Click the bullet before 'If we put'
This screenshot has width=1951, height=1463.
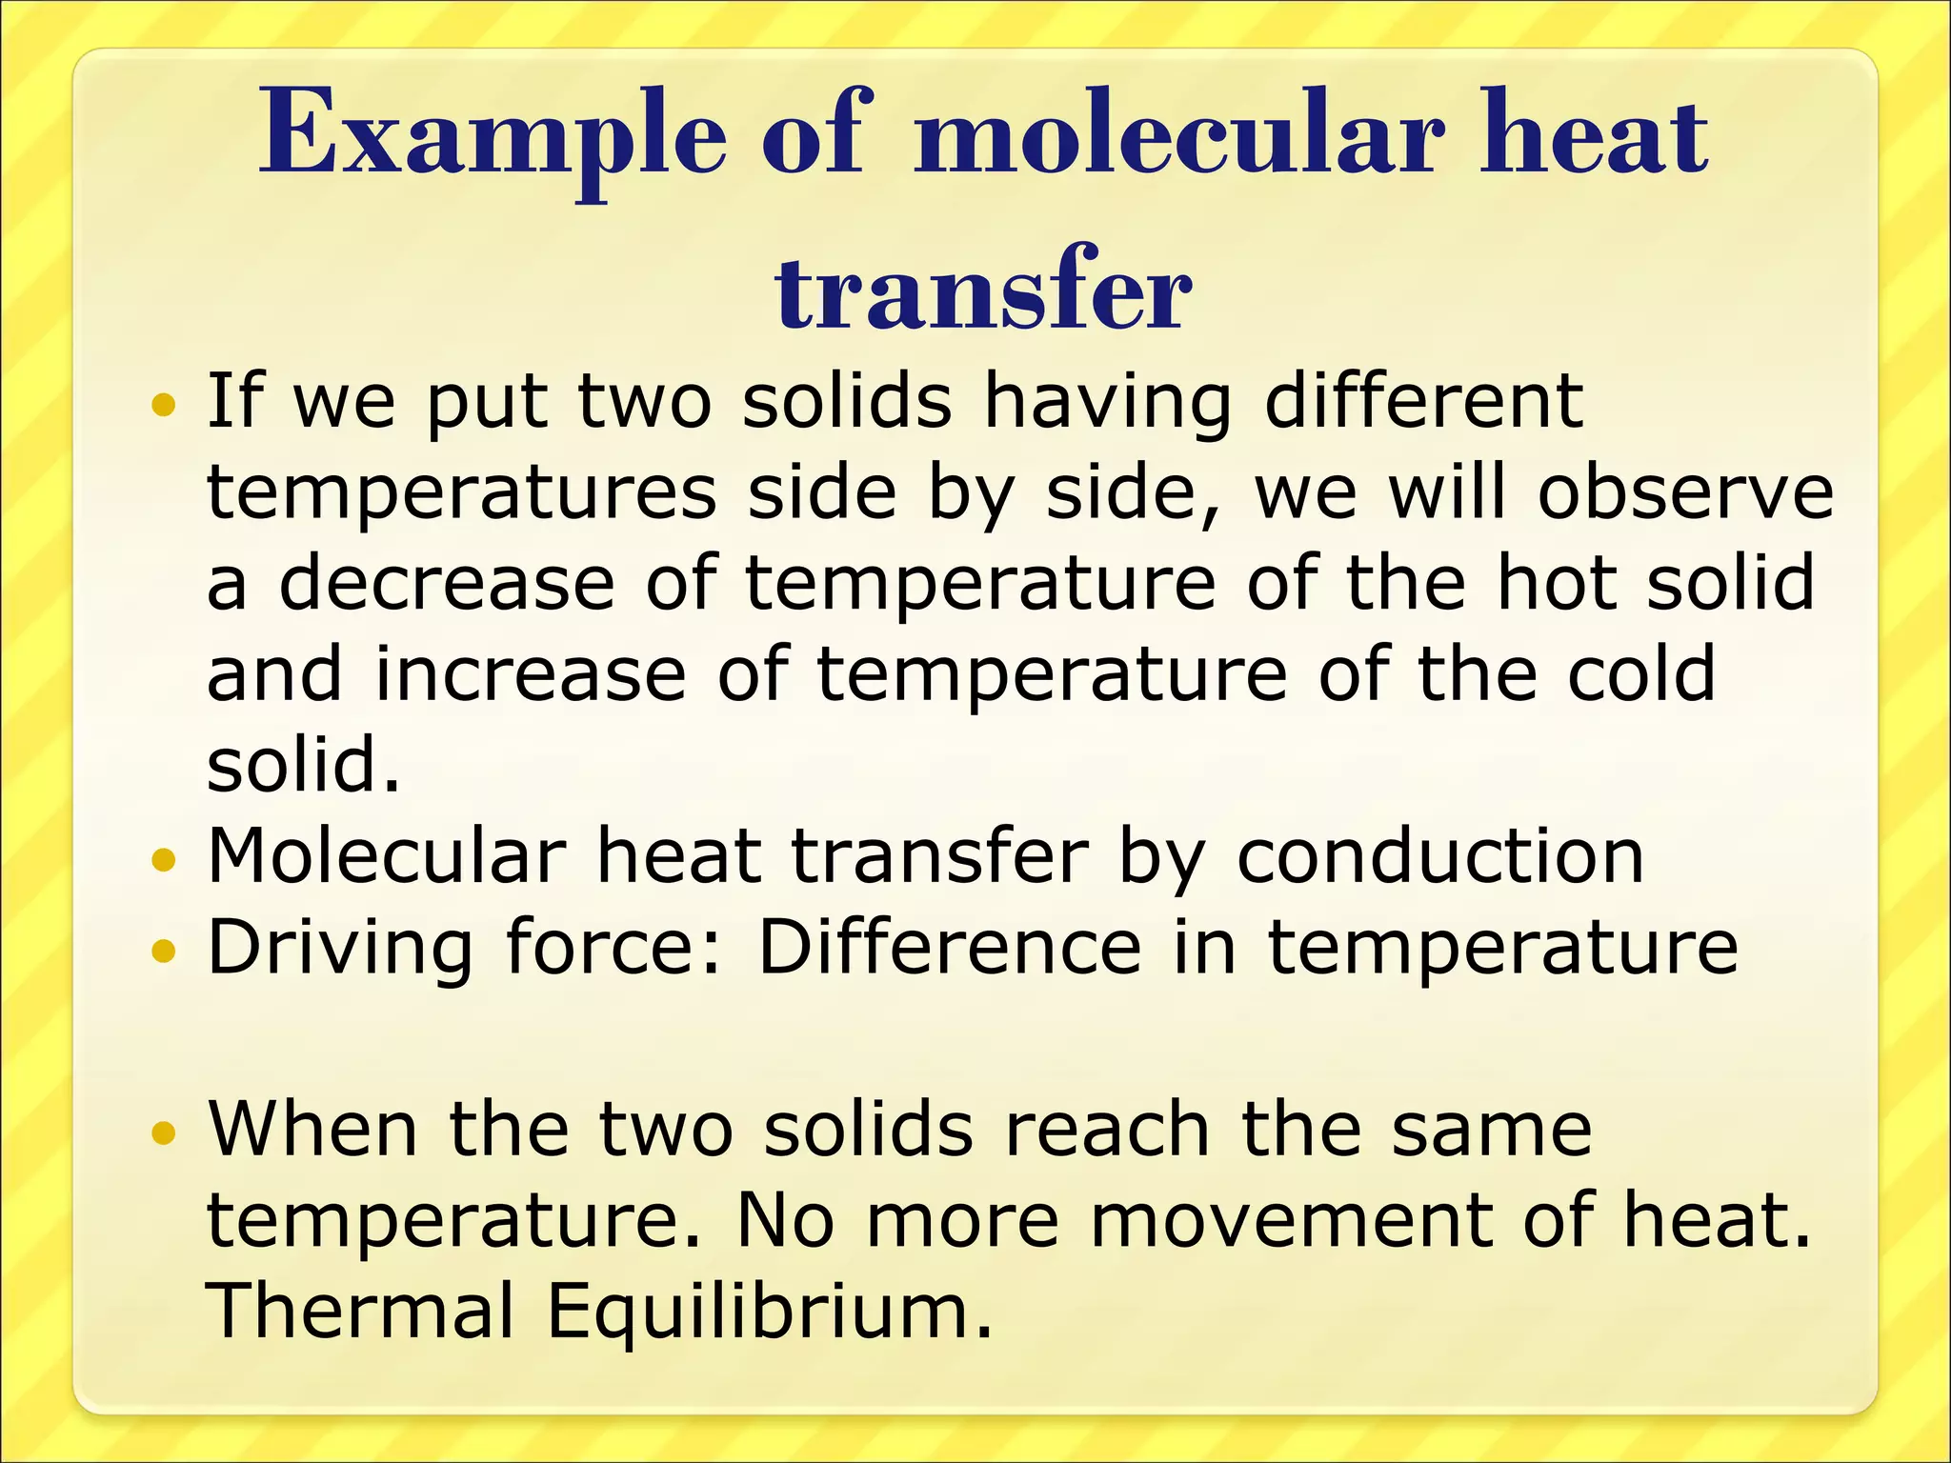click(x=164, y=407)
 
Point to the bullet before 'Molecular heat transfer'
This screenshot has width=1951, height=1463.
click(x=164, y=861)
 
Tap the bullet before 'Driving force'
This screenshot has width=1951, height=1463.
click(x=164, y=952)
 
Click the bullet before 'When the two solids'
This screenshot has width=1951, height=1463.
click(x=164, y=1133)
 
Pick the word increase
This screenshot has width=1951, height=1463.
click(x=530, y=673)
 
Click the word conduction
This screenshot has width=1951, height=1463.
click(x=1439, y=855)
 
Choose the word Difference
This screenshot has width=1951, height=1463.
click(x=949, y=947)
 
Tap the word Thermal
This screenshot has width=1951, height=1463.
click(x=361, y=1311)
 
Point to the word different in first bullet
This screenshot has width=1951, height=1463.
click(x=1423, y=401)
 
